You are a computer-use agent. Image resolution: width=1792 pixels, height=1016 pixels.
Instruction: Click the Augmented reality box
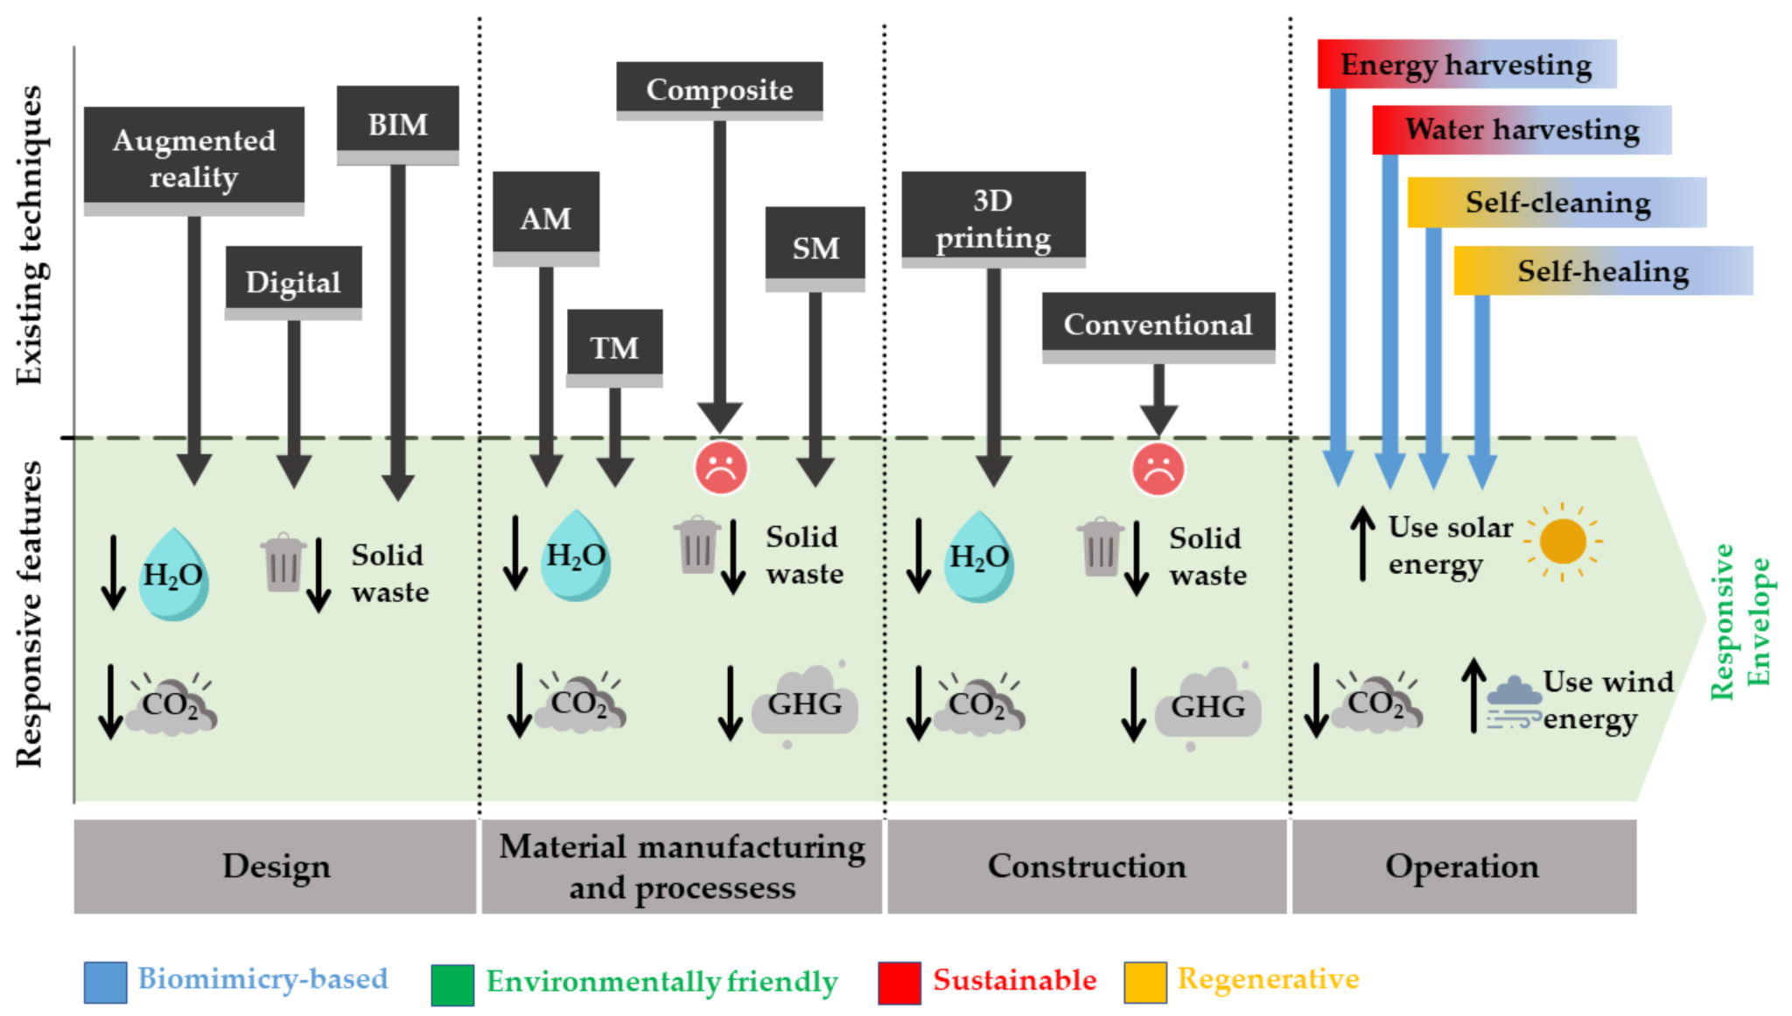193,158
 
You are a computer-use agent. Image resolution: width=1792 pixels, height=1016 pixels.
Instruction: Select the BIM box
397,123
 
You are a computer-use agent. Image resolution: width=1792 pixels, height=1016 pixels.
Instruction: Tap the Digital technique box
293,282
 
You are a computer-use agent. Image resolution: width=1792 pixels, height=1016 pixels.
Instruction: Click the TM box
614,347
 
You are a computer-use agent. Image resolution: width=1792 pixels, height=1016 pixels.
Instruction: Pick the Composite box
719,89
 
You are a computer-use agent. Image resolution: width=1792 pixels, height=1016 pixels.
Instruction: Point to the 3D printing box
993,218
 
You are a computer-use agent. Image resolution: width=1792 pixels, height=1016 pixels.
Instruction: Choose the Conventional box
1158,325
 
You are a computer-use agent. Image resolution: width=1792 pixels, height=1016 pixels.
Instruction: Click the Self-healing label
1602,270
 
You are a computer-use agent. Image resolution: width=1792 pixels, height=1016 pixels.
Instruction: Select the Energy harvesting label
1466,64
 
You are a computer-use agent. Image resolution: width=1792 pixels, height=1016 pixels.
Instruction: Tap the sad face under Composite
721,468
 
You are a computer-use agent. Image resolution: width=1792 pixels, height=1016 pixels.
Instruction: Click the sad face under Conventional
1158,470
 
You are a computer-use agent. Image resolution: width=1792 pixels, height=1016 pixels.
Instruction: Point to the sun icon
1563,541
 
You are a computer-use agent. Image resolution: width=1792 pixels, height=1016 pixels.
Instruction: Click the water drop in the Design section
173,575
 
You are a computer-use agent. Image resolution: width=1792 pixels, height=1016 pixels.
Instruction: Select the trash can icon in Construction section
1100,547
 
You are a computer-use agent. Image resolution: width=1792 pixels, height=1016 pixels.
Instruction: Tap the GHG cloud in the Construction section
1207,704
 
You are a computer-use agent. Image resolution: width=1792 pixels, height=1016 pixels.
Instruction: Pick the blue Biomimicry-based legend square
105,982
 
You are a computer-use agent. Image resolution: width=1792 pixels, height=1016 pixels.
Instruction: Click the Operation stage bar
1463,866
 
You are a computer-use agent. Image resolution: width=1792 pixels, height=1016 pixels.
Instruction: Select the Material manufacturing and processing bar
682,866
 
